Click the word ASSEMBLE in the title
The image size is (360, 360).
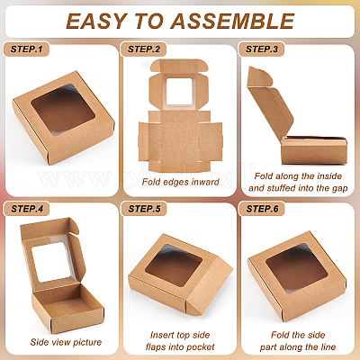pos(232,22)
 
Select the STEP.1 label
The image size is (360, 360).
pos(26,49)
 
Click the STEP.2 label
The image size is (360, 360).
pos(144,49)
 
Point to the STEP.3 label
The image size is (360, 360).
pos(262,49)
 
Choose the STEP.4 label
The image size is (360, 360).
pos(27,209)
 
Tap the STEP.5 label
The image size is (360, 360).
pos(144,209)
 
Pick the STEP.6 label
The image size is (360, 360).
pos(262,209)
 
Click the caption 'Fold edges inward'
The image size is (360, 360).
pos(180,182)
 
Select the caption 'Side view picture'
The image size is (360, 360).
pos(66,342)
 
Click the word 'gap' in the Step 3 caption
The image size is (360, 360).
pos(339,189)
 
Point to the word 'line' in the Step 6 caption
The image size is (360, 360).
pos(328,347)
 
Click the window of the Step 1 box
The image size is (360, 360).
pos(63,110)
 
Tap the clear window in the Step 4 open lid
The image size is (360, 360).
pos(53,262)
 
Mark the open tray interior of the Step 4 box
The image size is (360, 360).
pos(67,303)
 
